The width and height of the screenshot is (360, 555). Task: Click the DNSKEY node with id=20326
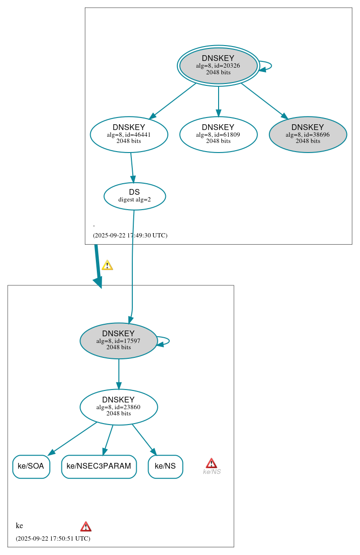click(218, 65)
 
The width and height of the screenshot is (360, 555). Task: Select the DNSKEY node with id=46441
click(128, 134)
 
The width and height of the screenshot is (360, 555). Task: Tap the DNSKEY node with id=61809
click(218, 134)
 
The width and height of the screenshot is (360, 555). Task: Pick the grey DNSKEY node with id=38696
click(308, 134)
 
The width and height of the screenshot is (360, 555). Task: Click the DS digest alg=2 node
click(134, 196)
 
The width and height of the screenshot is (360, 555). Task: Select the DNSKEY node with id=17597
click(118, 341)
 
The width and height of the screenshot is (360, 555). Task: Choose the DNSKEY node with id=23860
click(118, 407)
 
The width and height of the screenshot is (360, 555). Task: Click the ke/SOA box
click(31, 466)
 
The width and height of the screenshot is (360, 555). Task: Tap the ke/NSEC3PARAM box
click(99, 466)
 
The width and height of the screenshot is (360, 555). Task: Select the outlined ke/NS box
click(165, 466)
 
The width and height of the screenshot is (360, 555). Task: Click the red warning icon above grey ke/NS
click(211, 463)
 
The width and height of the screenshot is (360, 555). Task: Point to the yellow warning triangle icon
click(107, 265)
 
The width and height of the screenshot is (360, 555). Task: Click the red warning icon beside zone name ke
click(86, 526)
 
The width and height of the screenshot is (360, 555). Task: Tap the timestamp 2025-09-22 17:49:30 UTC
click(130, 236)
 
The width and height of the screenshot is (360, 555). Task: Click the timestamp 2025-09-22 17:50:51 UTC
click(53, 538)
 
